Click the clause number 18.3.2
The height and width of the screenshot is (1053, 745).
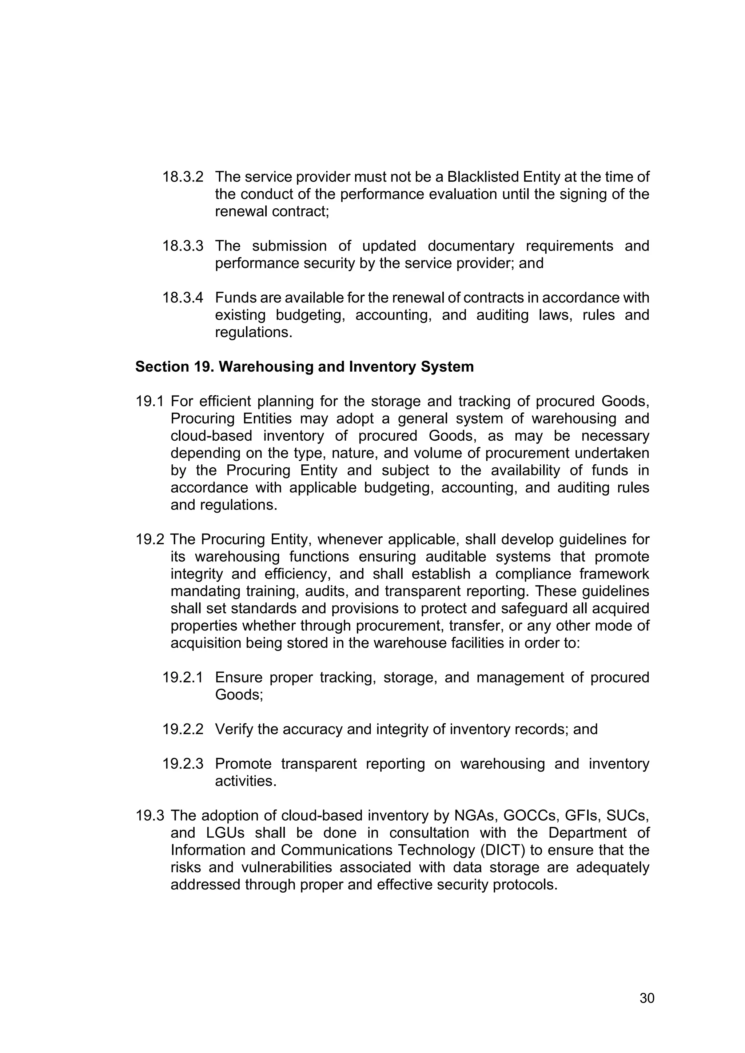tap(183, 177)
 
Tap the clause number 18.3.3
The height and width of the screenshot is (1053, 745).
tap(183, 246)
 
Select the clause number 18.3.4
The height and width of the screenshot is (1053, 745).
tap(183, 298)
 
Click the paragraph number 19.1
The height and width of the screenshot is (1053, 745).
tap(150, 402)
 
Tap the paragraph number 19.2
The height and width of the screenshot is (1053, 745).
tap(150, 540)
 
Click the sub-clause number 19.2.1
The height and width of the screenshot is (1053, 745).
tap(183, 678)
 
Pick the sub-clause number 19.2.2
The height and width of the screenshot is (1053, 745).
tap(183, 730)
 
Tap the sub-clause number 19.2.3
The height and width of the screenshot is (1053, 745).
tap(183, 764)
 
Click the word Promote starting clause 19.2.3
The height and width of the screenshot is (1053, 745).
tap(243, 764)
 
